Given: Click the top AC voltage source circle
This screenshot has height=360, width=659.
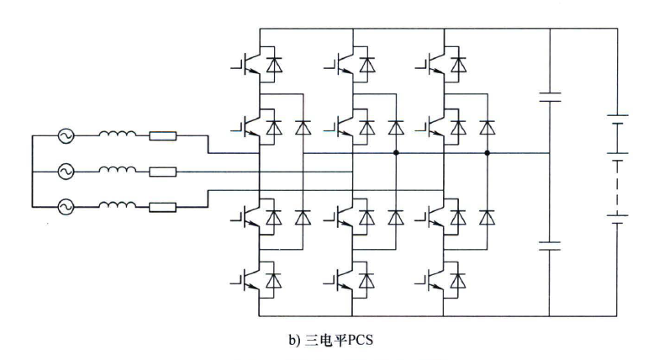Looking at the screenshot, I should [66, 135].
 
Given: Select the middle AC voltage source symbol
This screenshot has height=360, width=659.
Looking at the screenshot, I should [66, 172].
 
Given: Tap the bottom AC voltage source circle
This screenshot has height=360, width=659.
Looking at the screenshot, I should [66, 205].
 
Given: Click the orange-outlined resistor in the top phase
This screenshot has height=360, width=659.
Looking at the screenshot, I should [163, 135].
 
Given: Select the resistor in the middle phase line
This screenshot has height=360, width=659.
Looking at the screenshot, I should [163, 172].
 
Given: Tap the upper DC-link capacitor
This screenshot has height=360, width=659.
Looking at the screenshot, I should [548, 96].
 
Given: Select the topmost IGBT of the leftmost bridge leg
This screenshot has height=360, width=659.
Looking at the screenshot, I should [245, 65].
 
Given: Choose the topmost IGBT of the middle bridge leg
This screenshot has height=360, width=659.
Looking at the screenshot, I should [340, 65].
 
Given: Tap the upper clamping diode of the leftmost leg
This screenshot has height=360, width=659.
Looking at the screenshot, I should [301, 128].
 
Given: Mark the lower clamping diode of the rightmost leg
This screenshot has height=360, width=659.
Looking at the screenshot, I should [488, 215].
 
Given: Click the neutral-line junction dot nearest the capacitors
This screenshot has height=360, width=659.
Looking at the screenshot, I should [488, 154].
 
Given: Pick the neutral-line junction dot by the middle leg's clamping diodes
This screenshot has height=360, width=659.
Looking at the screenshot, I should [395, 154].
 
